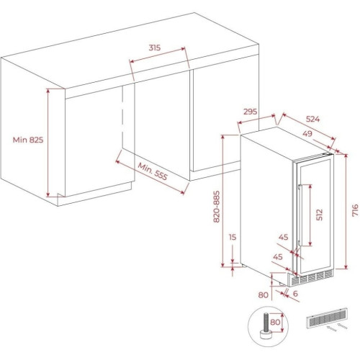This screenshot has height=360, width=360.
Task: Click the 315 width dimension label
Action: pyautogui.click(x=154, y=48)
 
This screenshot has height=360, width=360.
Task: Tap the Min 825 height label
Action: pyautogui.click(x=28, y=140)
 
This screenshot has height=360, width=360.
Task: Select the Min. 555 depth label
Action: pyautogui.click(x=153, y=171)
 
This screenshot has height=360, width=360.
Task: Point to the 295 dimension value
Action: pyautogui.click(x=250, y=112)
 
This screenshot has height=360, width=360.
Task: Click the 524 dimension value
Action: pyautogui.click(x=312, y=119)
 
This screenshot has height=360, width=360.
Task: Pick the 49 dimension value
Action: pyautogui.click(x=307, y=133)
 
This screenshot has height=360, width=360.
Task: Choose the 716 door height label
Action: pyautogui.click(x=355, y=210)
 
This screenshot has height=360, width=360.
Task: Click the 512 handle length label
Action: pyautogui.click(x=320, y=215)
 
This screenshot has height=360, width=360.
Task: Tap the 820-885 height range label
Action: pyautogui.click(x=217, y=207)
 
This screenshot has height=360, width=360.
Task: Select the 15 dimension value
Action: pyautogui.click(x=233, y=237)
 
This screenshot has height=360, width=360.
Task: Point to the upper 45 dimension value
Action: pyautogui.click(x=283, y=237)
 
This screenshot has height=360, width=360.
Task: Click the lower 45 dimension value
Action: pyautogui.click(x=278, y=257)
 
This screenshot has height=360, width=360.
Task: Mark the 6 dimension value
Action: pyautogui.click(x=295, y=293)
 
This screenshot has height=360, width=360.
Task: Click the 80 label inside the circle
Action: pyautogui.click(x=275, y=322)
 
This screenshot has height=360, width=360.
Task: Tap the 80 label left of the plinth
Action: pyautogui.click(x=264, y=294)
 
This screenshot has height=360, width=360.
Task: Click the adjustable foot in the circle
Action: pyautogui.click(x=266, y=327)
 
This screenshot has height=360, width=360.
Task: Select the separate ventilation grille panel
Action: pyautogui.click(x=327, y=318)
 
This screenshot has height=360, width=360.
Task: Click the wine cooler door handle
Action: pyautogui.click(x=300, y=215)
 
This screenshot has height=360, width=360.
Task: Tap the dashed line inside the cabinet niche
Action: pyautogui.click(x=122, y=117)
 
